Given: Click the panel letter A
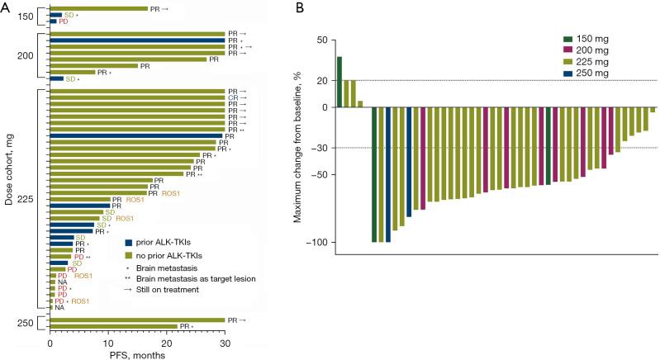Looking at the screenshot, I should tap(6, 7).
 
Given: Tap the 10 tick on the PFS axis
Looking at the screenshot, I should tap(108, 342).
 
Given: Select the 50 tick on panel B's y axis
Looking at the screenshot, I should tap(322, 40).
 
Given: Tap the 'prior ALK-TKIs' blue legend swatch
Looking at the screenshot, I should tap(130, 243).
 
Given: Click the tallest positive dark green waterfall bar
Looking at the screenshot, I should tap(339, 82).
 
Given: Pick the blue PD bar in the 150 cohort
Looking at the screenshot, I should tap(53, 21).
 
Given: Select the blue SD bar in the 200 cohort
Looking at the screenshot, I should tap(56, 78).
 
